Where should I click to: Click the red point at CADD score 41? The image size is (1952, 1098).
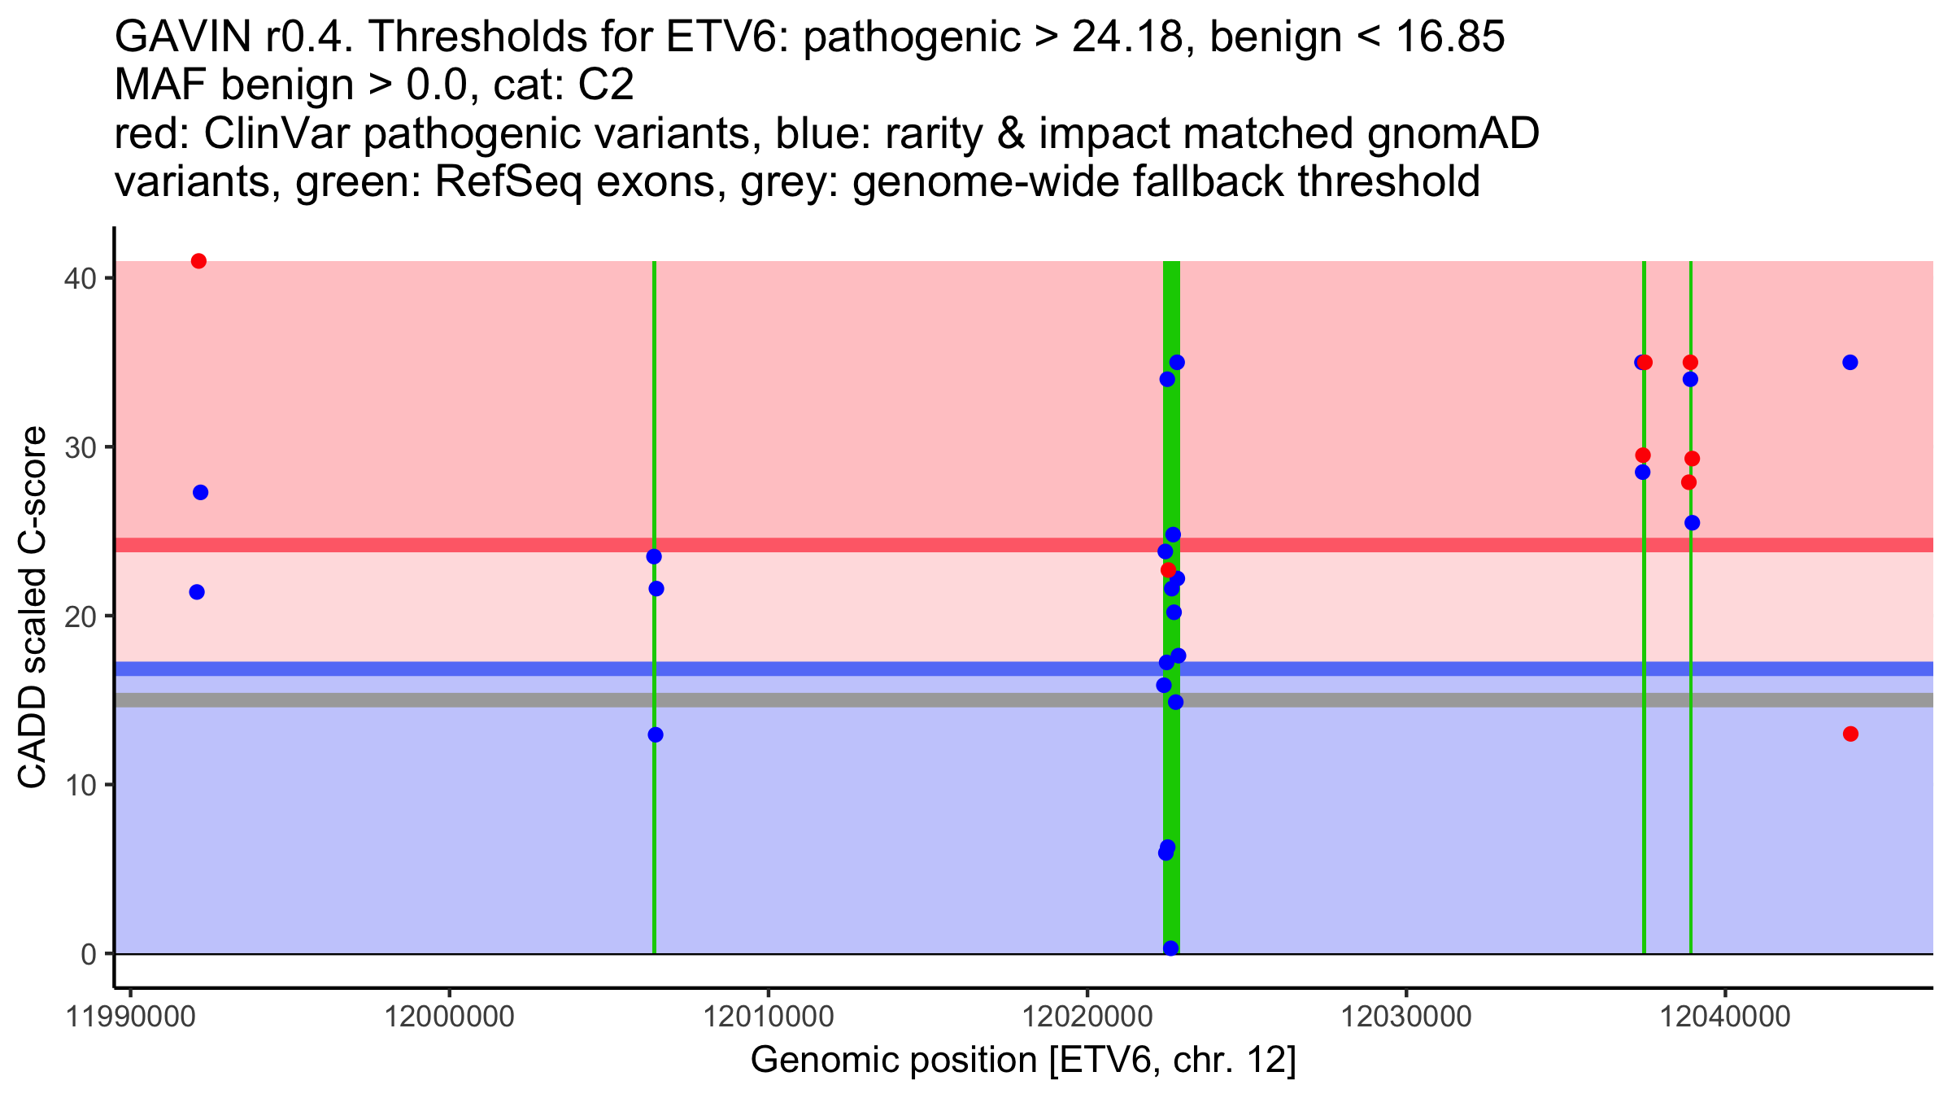(198, 261)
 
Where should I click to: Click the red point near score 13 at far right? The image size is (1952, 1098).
(1850, 734)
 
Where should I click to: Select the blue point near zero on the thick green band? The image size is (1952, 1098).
(1170, 948)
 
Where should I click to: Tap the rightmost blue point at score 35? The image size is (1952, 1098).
(1850, 362)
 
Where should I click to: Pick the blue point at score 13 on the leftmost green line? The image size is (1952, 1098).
(656, 734)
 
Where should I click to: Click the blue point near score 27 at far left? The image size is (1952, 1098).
(200, 492)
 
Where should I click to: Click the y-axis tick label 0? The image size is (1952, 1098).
(88, 954)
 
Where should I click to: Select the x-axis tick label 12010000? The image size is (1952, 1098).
(767, 1017)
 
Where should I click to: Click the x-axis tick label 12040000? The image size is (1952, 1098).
(1723, 1017)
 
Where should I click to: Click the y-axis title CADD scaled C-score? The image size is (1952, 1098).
(33, 608)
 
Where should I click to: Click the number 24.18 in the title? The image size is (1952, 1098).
(1126, 37)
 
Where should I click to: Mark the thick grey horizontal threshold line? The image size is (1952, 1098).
(813, 699)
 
